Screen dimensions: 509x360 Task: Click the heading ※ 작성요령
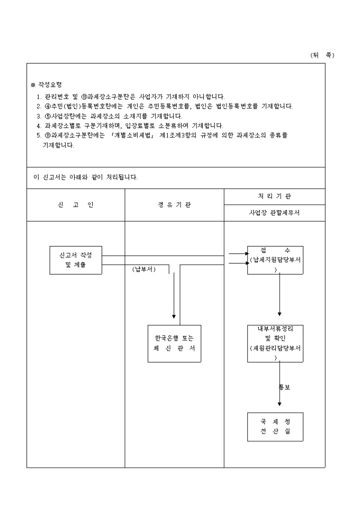coord(47,85)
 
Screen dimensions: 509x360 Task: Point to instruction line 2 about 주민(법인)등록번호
coord(164,106)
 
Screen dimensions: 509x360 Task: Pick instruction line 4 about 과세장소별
coord(130,125)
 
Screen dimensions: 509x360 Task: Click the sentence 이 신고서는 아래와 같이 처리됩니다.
coord(85,177)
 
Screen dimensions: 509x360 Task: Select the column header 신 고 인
coord(76,205)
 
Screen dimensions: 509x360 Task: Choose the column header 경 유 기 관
coord(174,205)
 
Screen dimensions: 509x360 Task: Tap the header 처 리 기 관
coord(274,196)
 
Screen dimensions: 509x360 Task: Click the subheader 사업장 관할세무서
coord(274,213)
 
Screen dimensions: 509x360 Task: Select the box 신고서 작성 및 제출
coord(76,260)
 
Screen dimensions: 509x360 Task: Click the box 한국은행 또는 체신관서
coord(174,343)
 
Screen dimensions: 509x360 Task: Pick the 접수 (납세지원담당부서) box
coord(275,260)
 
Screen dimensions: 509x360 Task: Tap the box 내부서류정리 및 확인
coord(275,343)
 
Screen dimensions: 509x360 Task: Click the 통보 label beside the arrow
coord(285,387)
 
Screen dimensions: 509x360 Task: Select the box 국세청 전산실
coord(275,426)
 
